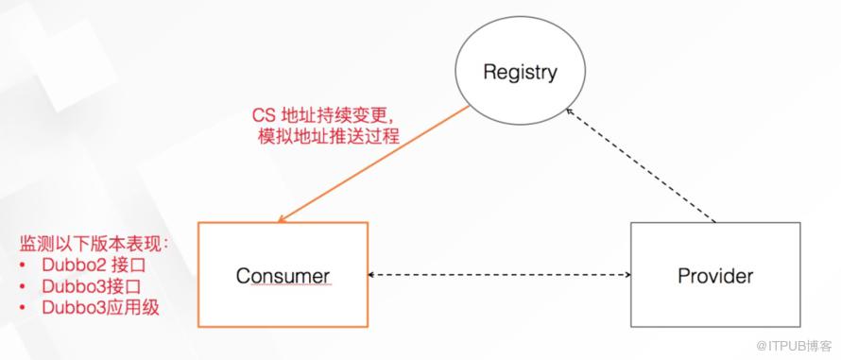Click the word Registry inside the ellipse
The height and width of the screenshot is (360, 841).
click(x=520, y=73)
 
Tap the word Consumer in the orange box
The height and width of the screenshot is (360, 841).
click(x=283, y=276)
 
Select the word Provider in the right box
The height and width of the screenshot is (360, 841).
click(x=715, y=276)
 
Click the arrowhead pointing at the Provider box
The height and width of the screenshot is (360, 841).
click(x=627, y=275)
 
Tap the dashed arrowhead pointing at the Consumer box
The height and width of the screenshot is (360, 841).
click(x=371, y=275)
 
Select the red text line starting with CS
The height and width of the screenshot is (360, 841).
click(x=326, y=116)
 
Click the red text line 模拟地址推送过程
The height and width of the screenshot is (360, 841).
click(x=329, y=136)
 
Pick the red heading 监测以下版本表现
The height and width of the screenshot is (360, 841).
click(x=94, y=244)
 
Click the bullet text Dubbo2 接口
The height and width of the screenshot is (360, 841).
click(x=94, y=266)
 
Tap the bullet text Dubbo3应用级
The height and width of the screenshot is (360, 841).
click(x=101, y=308)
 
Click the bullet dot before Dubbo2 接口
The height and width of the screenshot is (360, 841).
click(x=22, y=266)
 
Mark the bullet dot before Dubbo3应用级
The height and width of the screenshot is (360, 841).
click(x=22, y=308)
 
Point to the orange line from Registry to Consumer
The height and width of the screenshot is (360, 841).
click(x=373, y=163)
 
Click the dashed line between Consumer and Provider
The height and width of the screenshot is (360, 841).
click(x=499, y=275)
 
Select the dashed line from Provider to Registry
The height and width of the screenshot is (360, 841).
click(x=642, y=165)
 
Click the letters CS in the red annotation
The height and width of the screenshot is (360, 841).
click(x=263, y=116)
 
